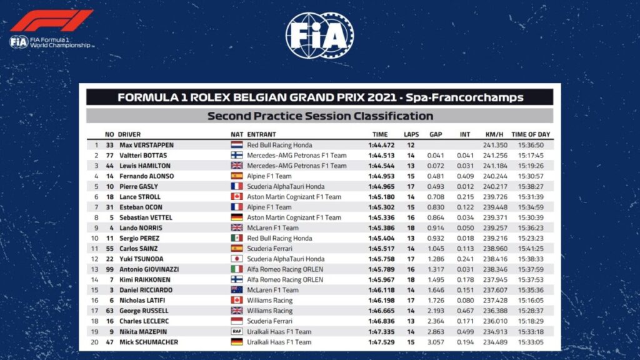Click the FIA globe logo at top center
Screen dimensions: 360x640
(x=319, y=36)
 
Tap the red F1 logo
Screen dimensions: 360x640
(x=51, y=21)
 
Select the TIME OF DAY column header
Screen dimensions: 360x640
(x=531, y=134)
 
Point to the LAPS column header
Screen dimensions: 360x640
(x=411, y=134)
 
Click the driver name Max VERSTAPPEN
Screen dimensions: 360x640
(x=146, y=145)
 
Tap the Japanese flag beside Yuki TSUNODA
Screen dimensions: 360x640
(x=237, y=259)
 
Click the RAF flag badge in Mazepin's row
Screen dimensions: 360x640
(x=237, y=331)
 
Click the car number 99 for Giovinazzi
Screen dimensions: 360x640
(x=109, y=269)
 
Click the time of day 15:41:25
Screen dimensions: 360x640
(x=531, y=248)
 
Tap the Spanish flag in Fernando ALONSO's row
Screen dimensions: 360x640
(x=237, y=176)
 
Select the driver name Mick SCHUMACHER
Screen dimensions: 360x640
(x=149, y=342)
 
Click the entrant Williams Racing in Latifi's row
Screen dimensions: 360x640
(x=269, y=300)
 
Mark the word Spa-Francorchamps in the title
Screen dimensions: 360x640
(x=472, y=97)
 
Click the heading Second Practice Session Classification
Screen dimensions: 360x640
(x=319, y=116)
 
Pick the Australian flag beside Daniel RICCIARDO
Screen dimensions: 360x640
(x=237, y=290)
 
